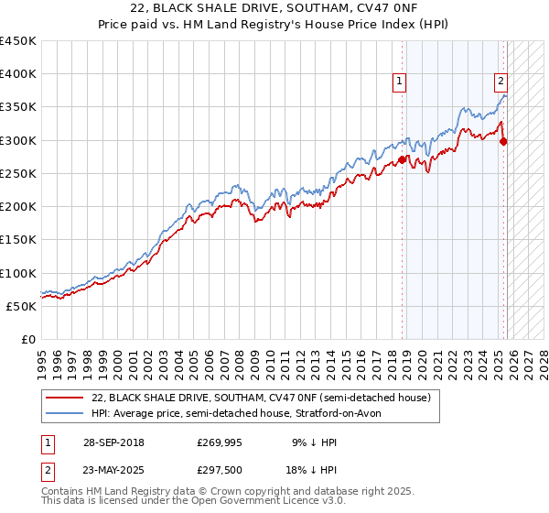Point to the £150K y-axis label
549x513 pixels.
pos(18,239)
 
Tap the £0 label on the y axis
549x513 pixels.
pos(28,339)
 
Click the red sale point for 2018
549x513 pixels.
pos(402,160)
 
